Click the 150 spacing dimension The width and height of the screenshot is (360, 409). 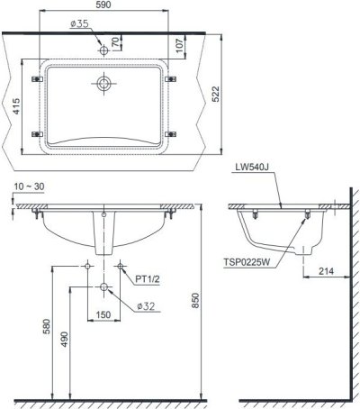(104, 314)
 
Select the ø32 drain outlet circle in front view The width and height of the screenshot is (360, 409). (104, 287)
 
